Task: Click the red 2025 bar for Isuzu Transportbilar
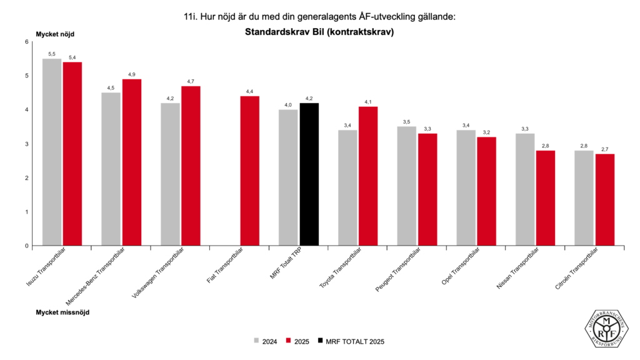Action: (x=72, y=154)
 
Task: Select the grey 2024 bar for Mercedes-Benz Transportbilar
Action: (x=111, y=169)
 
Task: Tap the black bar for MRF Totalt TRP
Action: (x=309, y=174)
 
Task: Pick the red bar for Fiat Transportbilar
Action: (x=250, y=171)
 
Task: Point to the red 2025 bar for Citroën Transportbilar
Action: (x=604, y=199)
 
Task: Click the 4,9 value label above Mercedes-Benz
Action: (x=132, y=74)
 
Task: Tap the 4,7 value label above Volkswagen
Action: (x=191, y=81)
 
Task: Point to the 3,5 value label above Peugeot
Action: (x=407, y=121)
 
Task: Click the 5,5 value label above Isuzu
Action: (x=52, y=54)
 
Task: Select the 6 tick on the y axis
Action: (x=27, y=42)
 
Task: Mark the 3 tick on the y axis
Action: (x=27, y=144)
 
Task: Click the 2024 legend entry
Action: (x=266, y=341)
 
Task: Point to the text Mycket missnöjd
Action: (x=62, y=311)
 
